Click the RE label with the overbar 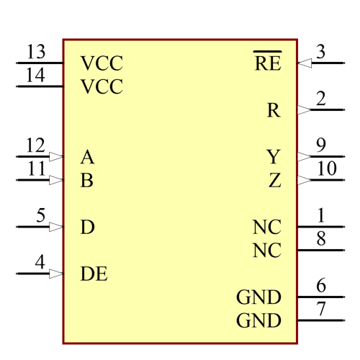click(268, 63)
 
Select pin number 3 click(320, 52)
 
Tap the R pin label click(274, 110)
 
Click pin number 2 click(320, 99)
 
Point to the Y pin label click(274, 156)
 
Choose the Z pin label click(274, 180)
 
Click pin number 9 click(321, 145)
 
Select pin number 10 click(326, 168)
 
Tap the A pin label click(87, 156)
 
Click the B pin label click(87, 180)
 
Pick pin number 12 click(35, 145)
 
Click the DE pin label click(94, 274)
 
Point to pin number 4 click(40, 262)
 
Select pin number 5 click(40, 215)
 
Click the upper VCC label click(102, 63)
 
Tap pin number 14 click(35, 76)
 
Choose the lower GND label click(258, 320)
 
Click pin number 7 click(321, 309)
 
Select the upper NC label click(266, 228)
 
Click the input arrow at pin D click(56, 227)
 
